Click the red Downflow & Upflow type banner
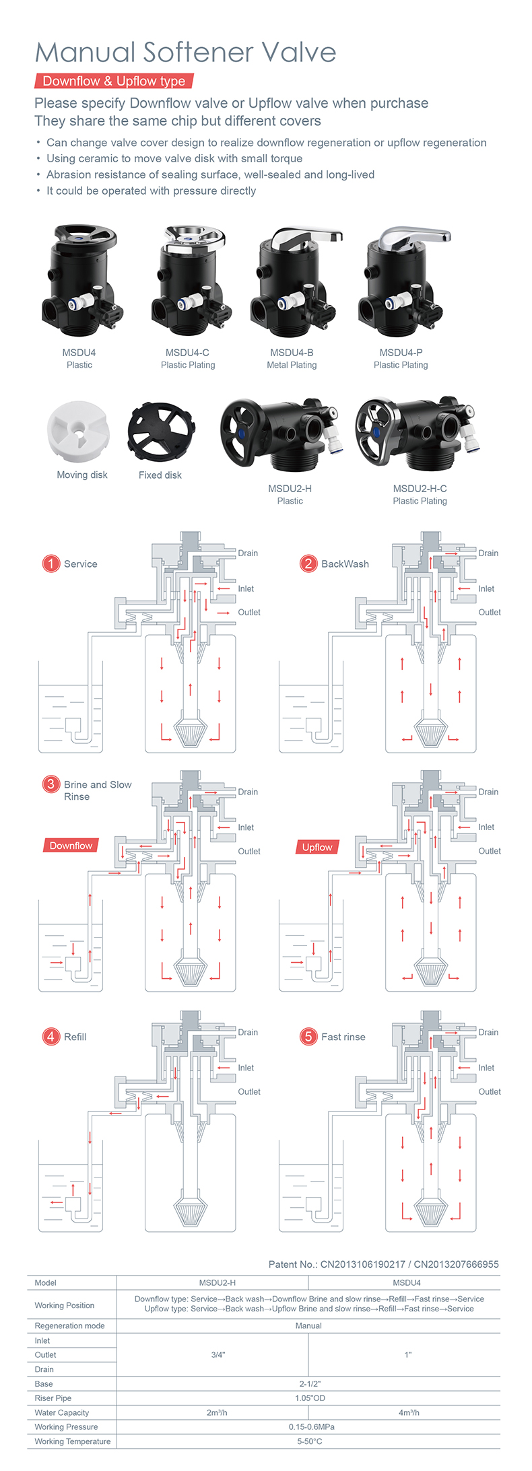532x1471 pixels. (x=114, y=81)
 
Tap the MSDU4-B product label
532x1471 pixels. (x=292, y=352)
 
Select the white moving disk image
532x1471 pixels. (x=77, y=430)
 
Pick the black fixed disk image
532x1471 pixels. (x=161, y=430)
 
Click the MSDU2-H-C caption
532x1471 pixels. (x=420, y=489)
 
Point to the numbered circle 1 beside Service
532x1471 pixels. (x=51, y=563)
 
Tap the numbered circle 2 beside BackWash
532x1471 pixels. (x=308, y=563)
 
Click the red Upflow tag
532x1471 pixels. (x=317, y=847)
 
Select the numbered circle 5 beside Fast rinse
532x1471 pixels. (x=308, y=1036)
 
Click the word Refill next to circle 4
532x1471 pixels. (x=75, y=1037)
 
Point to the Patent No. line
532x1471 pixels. (x=383, y=1264)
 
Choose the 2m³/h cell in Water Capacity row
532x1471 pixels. (x=217, y=1412)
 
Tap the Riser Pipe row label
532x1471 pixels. (x=53, y=1398)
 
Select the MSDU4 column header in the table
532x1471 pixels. (x=407, y=1283)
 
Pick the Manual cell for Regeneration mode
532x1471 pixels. (x=308, y=1326)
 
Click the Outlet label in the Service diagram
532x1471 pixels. (x=249, y=613)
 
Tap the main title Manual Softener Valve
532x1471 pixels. (x=185, y=53)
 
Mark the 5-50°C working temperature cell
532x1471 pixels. (x=310, y=1441)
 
